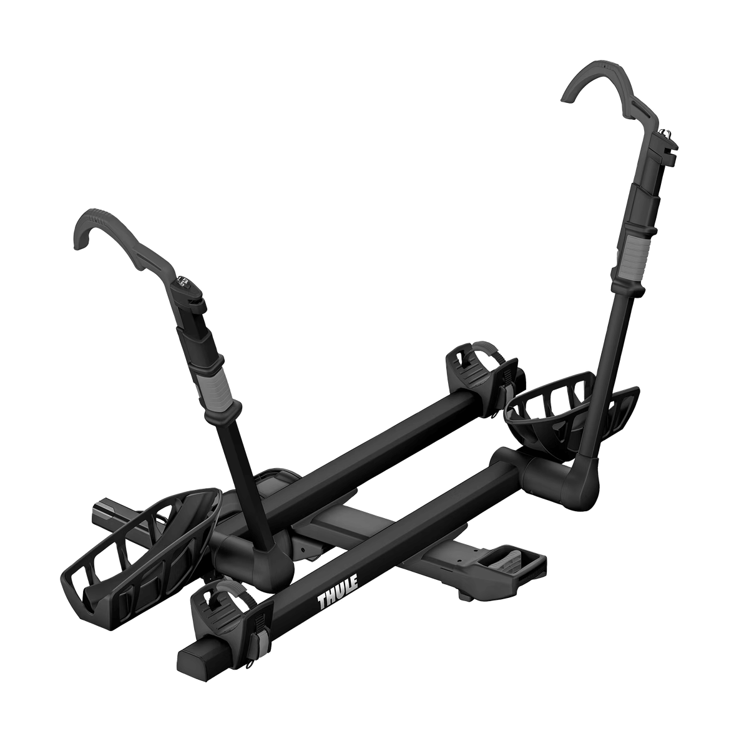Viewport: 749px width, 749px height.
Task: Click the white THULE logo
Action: pyautogui.click(x=338, y=593)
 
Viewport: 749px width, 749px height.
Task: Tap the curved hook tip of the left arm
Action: pyautogui.click(x=84, y=228)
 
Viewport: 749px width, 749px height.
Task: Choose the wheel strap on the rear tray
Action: pyautogui.click(x=477, y=368)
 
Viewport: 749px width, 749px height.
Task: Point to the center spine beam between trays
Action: pyautogui.click(x=350, y=518)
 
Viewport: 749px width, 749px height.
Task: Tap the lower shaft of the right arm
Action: pyautogui.click(x=596, y=374)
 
